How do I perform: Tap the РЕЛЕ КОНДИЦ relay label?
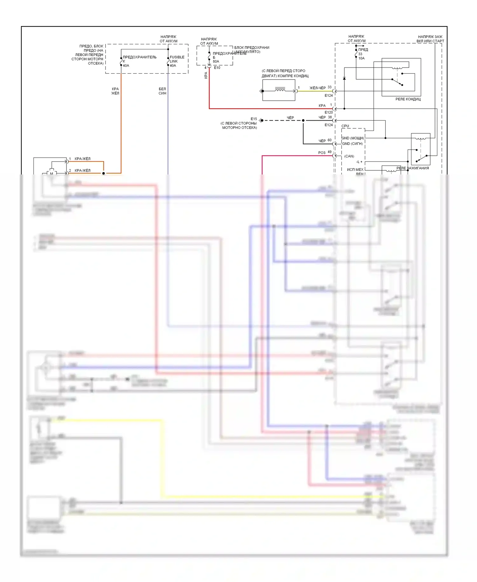(x=408, y=99)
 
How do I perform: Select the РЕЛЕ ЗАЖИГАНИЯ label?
(x=412, y=168)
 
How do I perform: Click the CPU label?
(x=345, y=126)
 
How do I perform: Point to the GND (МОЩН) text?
(x=353, y=138)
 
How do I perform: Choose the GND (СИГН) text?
(x=352, y=144)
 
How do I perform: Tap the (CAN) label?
(x=349, y=156)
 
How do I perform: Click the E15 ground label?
(x=254, y=119)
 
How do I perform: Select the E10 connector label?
(x=217, y=68)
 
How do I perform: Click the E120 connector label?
(x=328, y=112)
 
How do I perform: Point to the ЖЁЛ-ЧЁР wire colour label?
(x=317, y=88)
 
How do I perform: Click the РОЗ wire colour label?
(x=322, y=153)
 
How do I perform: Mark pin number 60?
(x=329, y=140)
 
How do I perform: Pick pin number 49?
(x=329, y=152)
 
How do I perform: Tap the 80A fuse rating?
(x=216, y=61)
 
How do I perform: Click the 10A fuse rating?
(x=362, y=58)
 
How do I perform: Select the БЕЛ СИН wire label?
(x=162, y=91)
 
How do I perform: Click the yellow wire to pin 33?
(x=315, y=91)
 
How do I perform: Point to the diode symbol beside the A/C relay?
(x=344, y=78)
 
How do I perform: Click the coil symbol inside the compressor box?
(x=280, y=90)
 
